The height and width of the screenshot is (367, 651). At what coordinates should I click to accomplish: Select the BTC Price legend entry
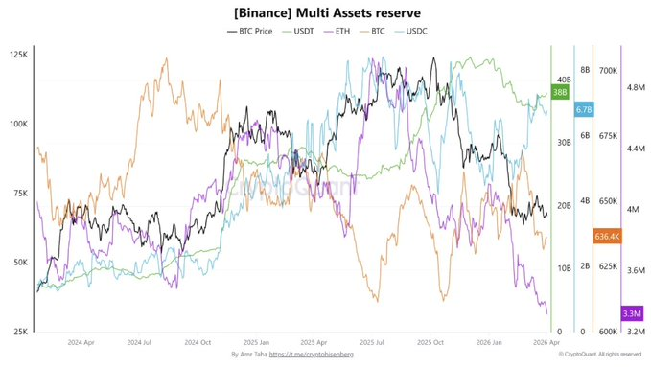252,32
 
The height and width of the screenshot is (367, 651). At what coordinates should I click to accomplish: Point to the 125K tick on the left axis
16,55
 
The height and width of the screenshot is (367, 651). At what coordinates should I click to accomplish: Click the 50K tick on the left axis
18,263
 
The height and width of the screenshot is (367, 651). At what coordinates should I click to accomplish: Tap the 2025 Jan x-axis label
257,341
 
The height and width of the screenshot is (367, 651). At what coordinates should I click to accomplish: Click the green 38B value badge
560,92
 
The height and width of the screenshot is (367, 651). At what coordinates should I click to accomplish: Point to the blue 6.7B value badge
584,110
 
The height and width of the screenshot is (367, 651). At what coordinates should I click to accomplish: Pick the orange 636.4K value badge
607,236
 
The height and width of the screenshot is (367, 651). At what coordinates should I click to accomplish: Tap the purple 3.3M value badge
632,313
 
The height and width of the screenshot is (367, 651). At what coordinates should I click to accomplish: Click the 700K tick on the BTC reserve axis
608,71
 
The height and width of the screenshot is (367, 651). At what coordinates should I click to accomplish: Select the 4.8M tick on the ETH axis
637,87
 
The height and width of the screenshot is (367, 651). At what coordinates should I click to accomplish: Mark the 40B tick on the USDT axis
563,80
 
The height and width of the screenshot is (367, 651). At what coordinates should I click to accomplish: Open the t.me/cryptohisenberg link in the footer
312,356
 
